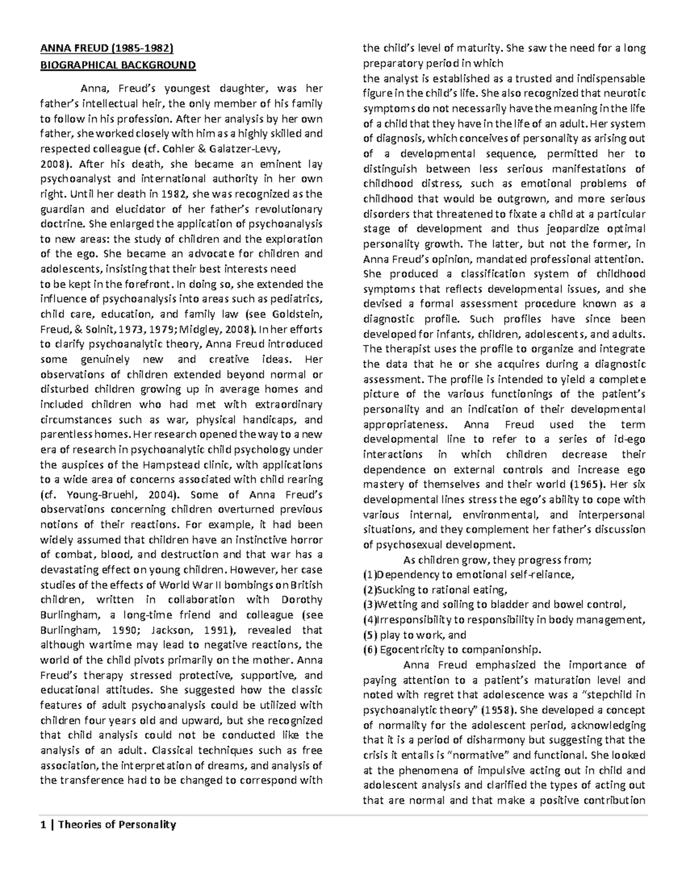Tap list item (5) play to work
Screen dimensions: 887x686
pyautogui.click(x=414, y=635)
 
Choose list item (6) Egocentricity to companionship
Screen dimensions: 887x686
pyautogui.click(x=452, y=649)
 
